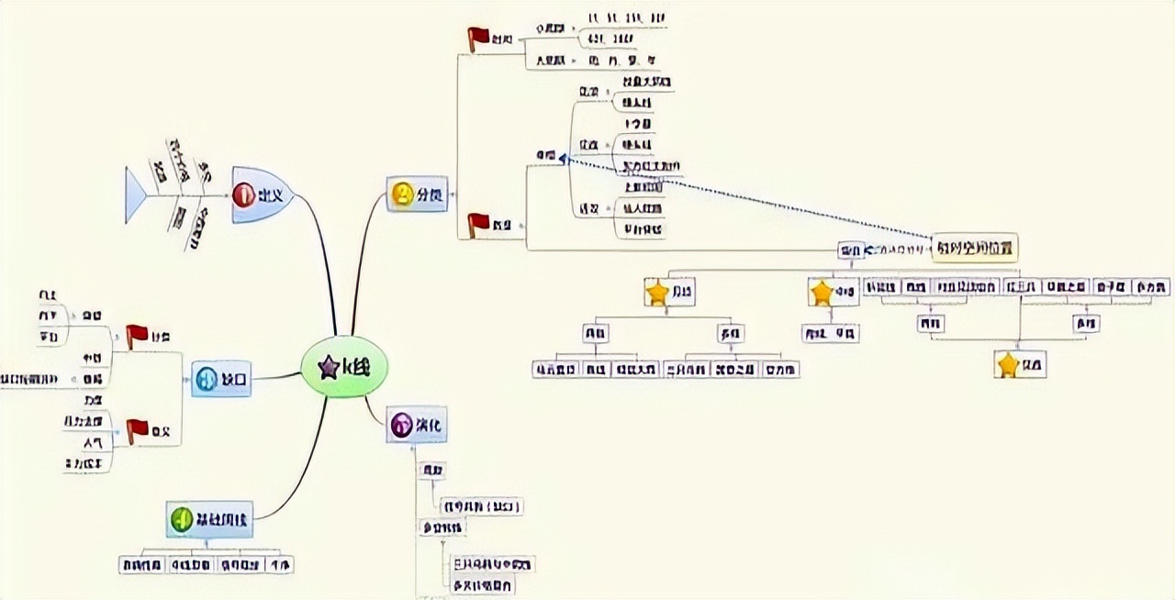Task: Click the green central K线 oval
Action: click(345, 367)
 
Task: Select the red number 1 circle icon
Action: click(243, 194)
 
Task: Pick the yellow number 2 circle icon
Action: click(402, 194)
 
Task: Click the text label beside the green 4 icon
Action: click(221, 519)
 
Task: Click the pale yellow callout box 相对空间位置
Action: click(975, 248)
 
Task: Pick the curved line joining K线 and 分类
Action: click(360, 266)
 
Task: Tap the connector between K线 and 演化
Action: click(374, 409)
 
